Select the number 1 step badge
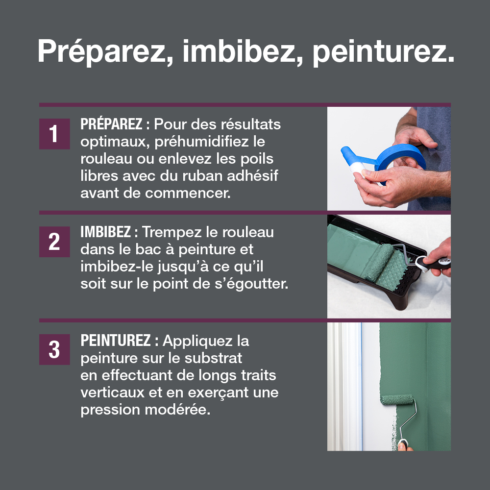tap(54, 134)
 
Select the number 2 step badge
tap(54, 242)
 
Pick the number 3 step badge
tap(54, 349)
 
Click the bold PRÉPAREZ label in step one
tap(112, 124)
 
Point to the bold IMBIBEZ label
tap(106, 232)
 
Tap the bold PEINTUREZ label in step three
tap(116, 341)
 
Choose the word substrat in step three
tap(213, 358)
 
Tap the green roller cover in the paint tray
tap(379, 262)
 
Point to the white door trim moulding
tap(344, 387)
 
